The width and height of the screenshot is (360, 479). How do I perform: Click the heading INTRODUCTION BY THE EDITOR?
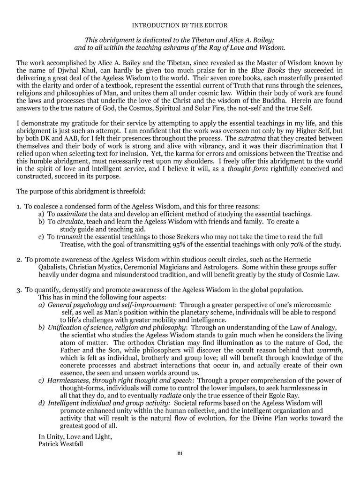point(180,25)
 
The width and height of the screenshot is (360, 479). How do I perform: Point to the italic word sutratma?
point(254,139)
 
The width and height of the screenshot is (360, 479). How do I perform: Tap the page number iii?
point(180,453)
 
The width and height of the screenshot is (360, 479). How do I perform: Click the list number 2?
point(19,259)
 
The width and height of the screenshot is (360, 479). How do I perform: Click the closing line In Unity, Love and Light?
point(75,436)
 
